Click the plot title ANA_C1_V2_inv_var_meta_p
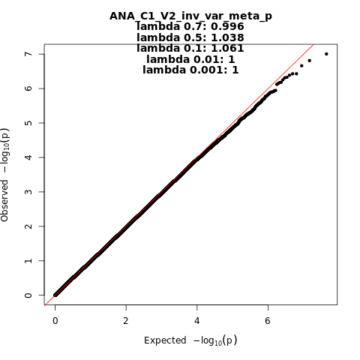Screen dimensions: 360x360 pyautogui.click(x=190, y=16)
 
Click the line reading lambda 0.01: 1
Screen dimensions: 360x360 pyautogui.click(x=190, y=59)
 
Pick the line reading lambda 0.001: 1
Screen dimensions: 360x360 pyautogui.click(x=190, y=70)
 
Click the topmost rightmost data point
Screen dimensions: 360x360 pyautogui.click(x=326, y=54)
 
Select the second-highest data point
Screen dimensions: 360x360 pyautogui.click(x=309, y=61)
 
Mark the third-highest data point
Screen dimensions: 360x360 pyautogui.click(x=301, y=66)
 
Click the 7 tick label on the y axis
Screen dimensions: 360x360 pyautogui.click(x=28, y=54)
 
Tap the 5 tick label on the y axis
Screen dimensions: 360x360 pyautogui.click(x=28, y=123)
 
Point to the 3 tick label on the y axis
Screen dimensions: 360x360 pyautogui.click(x=28, y=192)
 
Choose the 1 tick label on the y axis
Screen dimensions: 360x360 pyautogui.click(x=28, y=260)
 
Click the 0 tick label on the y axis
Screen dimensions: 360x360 pyautogui.click(x=28, y=295)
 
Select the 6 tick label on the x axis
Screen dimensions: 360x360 pyautogui.click(x=268, y=320)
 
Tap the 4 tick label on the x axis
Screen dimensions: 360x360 pyautogui.click(x=197, y=320)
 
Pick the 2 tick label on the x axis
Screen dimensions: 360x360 pyautogui.click(x=126, y=320)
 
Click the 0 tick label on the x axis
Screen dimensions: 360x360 pyautogui.click(x=55, y=320)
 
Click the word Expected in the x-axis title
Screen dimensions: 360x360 pyautogui.click(x=165, y=340)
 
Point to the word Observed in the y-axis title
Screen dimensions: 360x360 pyautogui.click(x=4, y=200)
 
